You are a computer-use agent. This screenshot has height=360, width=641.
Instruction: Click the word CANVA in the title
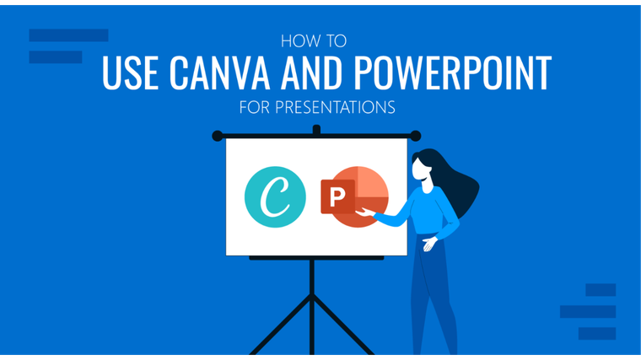tap(219, 73)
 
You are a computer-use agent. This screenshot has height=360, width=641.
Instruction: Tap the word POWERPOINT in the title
tap(453, 73)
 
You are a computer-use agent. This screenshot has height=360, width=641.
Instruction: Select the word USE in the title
tap(130, 73)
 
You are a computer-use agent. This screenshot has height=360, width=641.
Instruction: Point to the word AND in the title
tap(312, 73)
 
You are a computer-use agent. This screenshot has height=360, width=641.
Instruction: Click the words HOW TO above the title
tap(314, 41)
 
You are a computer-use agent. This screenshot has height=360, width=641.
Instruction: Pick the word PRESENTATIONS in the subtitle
tap(335, 107)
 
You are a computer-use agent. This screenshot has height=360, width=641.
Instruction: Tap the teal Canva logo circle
tap(275, 196)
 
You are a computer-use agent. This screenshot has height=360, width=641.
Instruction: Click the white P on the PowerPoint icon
tap(337, 196)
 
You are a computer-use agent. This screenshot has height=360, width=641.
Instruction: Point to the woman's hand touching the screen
tap(364, 212)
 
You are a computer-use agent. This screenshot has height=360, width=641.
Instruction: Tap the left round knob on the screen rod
tap(218, 136)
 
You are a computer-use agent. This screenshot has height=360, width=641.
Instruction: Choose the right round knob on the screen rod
tap(415, 136)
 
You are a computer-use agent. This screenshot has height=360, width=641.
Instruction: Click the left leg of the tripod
tap(280, 325)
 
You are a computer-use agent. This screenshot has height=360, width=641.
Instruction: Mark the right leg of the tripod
tap(343, 325)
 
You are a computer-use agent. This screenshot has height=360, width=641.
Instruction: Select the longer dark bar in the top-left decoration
tap(68, 35)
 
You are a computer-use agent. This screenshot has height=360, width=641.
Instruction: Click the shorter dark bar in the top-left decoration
tap(56, 56)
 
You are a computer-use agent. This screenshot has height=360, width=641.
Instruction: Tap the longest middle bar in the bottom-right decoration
tap(588, 311)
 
